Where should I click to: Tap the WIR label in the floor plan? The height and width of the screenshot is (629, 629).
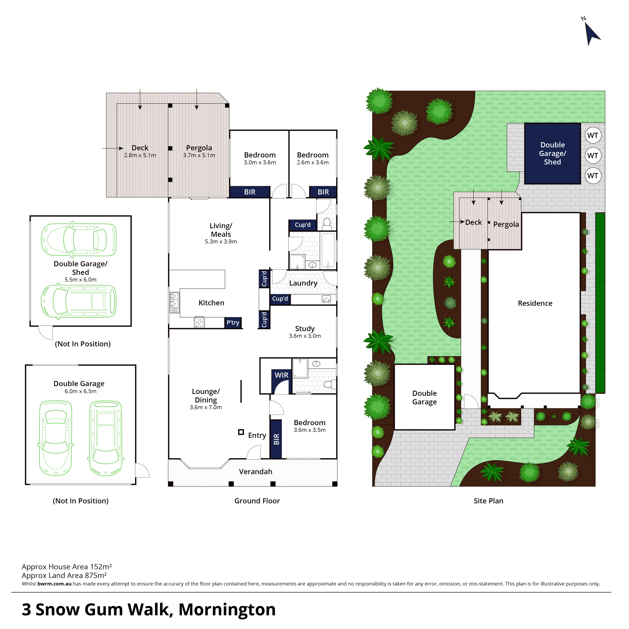point(282,375)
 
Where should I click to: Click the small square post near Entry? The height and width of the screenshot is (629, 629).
point(241,432)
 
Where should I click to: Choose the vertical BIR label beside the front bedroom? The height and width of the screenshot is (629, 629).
point(276,439)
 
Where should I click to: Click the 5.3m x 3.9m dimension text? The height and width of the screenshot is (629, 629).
point(221,242)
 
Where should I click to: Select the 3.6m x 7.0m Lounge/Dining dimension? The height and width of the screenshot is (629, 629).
point(206,407)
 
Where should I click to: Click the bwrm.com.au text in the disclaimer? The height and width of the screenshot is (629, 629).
point(54,584)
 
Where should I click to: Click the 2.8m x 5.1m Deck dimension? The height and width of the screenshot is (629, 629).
point(140,155)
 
